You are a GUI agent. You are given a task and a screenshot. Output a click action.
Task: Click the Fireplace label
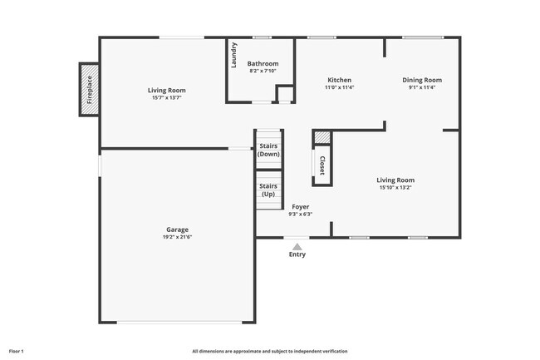coord(90,91)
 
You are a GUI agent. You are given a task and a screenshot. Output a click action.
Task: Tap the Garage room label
coord(176,229)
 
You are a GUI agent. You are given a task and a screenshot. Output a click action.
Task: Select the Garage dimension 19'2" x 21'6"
coord(176,237)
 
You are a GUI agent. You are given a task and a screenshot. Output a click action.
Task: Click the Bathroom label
coord(263,63)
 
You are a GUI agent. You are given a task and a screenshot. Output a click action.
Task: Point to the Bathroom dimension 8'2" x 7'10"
coord(263,71)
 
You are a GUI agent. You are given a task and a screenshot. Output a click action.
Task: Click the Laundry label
coord(235,56)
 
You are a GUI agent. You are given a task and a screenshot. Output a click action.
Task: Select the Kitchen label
coord(339,80)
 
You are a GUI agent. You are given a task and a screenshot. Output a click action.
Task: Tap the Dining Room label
coord(422,80)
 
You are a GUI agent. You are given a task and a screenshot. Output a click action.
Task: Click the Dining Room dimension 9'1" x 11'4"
coord(422,87)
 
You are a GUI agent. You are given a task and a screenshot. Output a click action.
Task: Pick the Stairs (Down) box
coord(268,150)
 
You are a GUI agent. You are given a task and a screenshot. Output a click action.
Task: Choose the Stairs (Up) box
coord(268,190)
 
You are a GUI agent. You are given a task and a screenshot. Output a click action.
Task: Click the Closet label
coord(322,165)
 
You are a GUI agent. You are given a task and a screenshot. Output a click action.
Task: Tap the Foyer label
coord(300,206)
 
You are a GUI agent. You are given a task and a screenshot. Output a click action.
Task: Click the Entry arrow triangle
coord(297,244)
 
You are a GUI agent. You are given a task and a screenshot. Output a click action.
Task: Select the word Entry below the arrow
coord(297,254)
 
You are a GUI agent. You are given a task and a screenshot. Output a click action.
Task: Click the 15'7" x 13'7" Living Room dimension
coord(167,98)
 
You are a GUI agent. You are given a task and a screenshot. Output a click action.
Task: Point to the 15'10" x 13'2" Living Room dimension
coord(395,187)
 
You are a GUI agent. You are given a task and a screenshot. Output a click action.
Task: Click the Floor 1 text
coord(17,352)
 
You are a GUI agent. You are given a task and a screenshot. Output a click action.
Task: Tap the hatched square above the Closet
coord(322,138)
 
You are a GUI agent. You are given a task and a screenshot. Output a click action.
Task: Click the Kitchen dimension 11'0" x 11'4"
coord(339,87)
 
